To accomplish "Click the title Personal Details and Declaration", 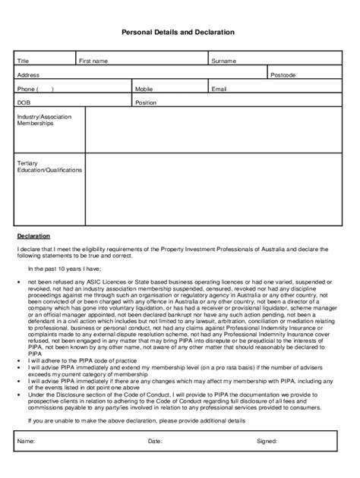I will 178,33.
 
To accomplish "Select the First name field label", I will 93,61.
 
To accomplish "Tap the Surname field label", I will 224,61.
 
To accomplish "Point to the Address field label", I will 28,75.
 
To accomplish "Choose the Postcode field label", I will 283,75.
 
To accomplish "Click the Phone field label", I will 34,89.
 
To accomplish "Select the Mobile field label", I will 144,89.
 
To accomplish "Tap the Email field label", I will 219,89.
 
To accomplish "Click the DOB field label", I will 24,102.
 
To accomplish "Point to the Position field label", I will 146,102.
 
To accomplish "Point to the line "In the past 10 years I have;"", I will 69,269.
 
